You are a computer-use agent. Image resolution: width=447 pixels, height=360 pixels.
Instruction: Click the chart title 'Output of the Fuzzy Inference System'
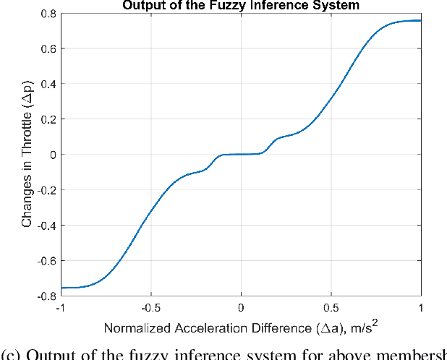[x=241, y=5]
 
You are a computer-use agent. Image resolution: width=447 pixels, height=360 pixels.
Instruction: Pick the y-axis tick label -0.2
[x=46, y=189]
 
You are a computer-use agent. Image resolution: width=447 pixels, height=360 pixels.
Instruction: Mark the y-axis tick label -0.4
[x=46, y=225]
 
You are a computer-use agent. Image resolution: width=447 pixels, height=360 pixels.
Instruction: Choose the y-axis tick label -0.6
[x=46, y=260]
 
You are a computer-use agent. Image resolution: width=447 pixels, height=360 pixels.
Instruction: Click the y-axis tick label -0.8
[x=46, y=296]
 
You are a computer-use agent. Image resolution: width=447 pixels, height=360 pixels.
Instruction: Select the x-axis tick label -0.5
[x=150, y=307]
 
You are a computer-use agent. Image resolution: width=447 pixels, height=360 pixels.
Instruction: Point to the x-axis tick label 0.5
[x=331, y=307]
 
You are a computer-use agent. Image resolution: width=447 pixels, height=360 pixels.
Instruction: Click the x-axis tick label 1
[x=420, y=307]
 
